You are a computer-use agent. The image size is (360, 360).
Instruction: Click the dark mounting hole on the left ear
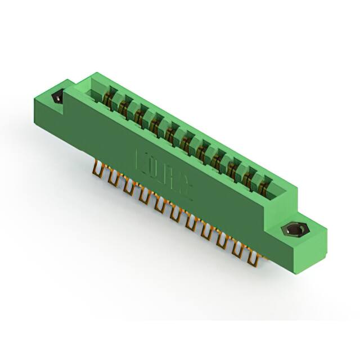[57, 98]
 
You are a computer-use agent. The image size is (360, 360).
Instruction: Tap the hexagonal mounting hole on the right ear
[292, 230]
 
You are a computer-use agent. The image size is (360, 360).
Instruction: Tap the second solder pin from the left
[112, 178]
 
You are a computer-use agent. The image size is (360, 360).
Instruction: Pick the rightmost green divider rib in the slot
[258, 179]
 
